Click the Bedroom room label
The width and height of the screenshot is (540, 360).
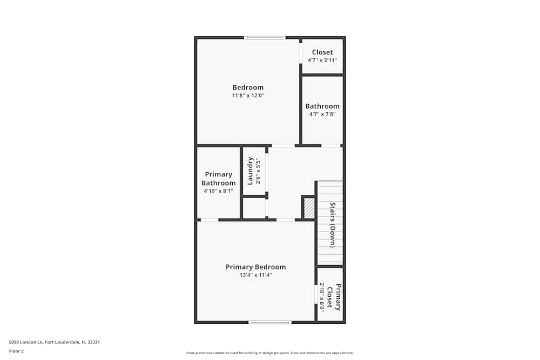[x=248, y=87]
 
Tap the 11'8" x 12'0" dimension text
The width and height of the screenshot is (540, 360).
[x=248, y=96]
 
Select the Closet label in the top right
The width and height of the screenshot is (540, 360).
[x=322, y=52]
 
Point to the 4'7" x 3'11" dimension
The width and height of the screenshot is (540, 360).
[x=322, y=60]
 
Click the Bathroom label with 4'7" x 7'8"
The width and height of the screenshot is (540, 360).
[x=322, y=106]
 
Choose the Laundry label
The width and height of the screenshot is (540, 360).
[x=251, y=171]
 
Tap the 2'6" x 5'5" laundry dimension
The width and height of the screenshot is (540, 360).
[x=258, y=172]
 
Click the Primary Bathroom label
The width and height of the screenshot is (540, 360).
[x=218, y=179]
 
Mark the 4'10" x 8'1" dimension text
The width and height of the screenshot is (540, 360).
[x=218, y=191]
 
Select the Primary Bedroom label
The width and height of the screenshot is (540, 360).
[x=255, y=267]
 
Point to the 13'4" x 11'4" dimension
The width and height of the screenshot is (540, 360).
[x=255, y=275]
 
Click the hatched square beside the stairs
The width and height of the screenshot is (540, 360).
[x=309, y=208]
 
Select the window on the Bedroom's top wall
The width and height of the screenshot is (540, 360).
[x=264, y=38]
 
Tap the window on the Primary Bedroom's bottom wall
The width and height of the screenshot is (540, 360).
[x=269, y=322]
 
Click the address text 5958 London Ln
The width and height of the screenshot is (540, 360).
[x=54, y=342]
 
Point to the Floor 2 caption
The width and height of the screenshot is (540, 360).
[x=16, y=351]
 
